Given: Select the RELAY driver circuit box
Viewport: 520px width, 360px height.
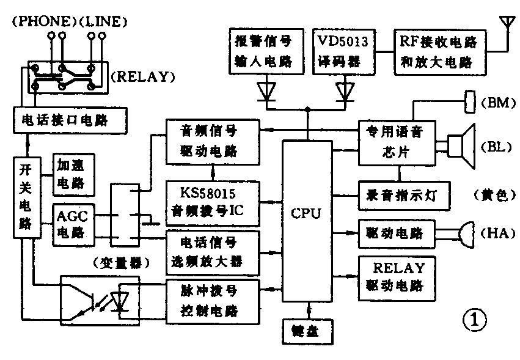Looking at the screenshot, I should [394, 276].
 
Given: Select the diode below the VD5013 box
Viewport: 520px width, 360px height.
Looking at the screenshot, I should [344, 92].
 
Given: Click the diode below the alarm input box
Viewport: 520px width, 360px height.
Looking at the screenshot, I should [266, 92].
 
